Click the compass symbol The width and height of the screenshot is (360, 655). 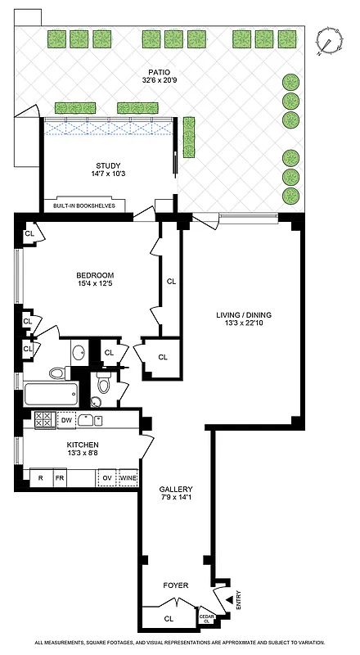point(330,40)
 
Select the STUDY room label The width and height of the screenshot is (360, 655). point(107,165)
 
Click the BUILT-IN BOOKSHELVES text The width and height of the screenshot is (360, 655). point(85,206)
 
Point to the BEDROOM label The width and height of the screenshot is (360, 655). point(95,275)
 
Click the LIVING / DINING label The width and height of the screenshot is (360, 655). point(243,314)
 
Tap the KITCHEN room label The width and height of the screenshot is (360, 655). point(83,445)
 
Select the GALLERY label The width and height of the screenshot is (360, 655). point(176,489)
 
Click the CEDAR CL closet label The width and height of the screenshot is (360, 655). point(207,620)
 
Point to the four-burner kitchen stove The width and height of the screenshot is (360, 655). point(43,420)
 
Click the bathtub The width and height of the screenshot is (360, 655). point(50,395)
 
